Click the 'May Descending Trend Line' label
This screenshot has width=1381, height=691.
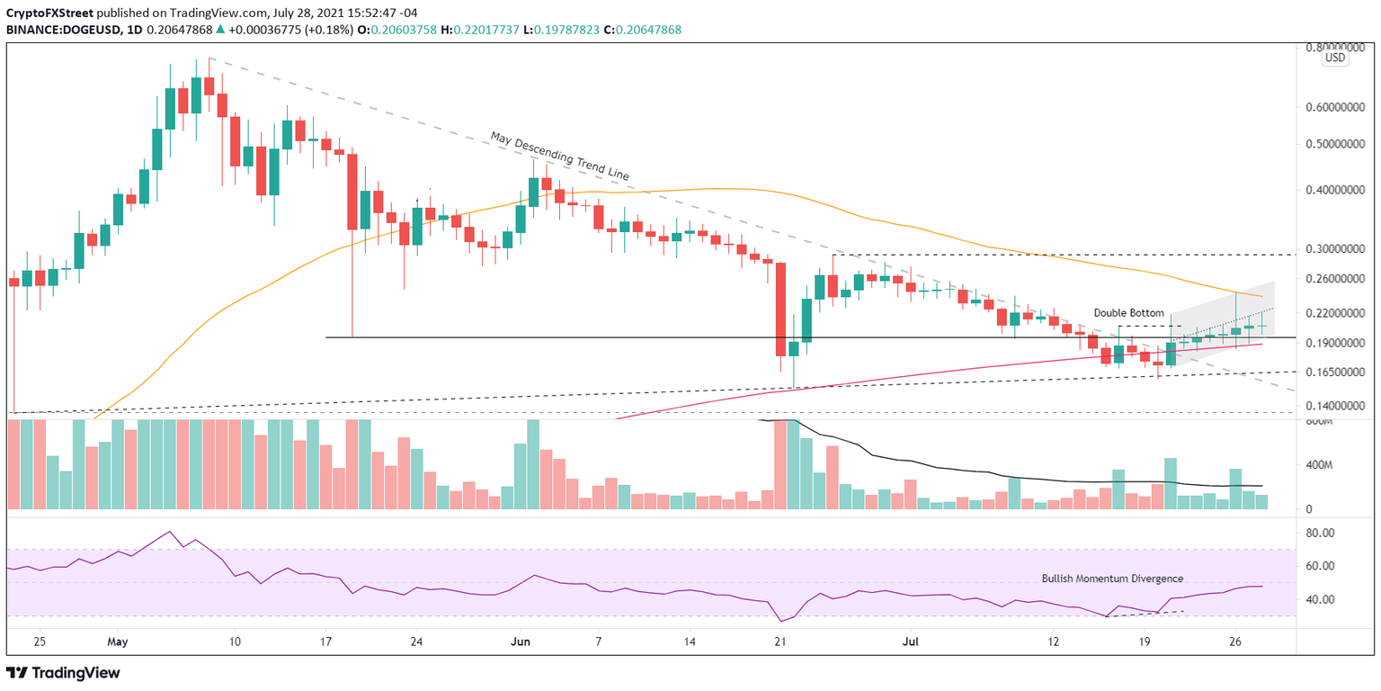[x=559, y=156]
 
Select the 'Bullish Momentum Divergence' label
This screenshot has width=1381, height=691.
[x=1112, y=579]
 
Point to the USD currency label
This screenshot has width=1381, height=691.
[x=1335, y=58]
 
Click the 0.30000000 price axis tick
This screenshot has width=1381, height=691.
[x=1337, y=249]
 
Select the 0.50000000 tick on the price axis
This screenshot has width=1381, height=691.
[x=1337, y=144]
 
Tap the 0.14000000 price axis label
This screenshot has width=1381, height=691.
[x=1337, y=406]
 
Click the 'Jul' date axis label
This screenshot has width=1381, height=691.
[x=909, y=643]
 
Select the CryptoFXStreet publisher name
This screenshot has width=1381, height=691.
[x=54, y=11]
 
